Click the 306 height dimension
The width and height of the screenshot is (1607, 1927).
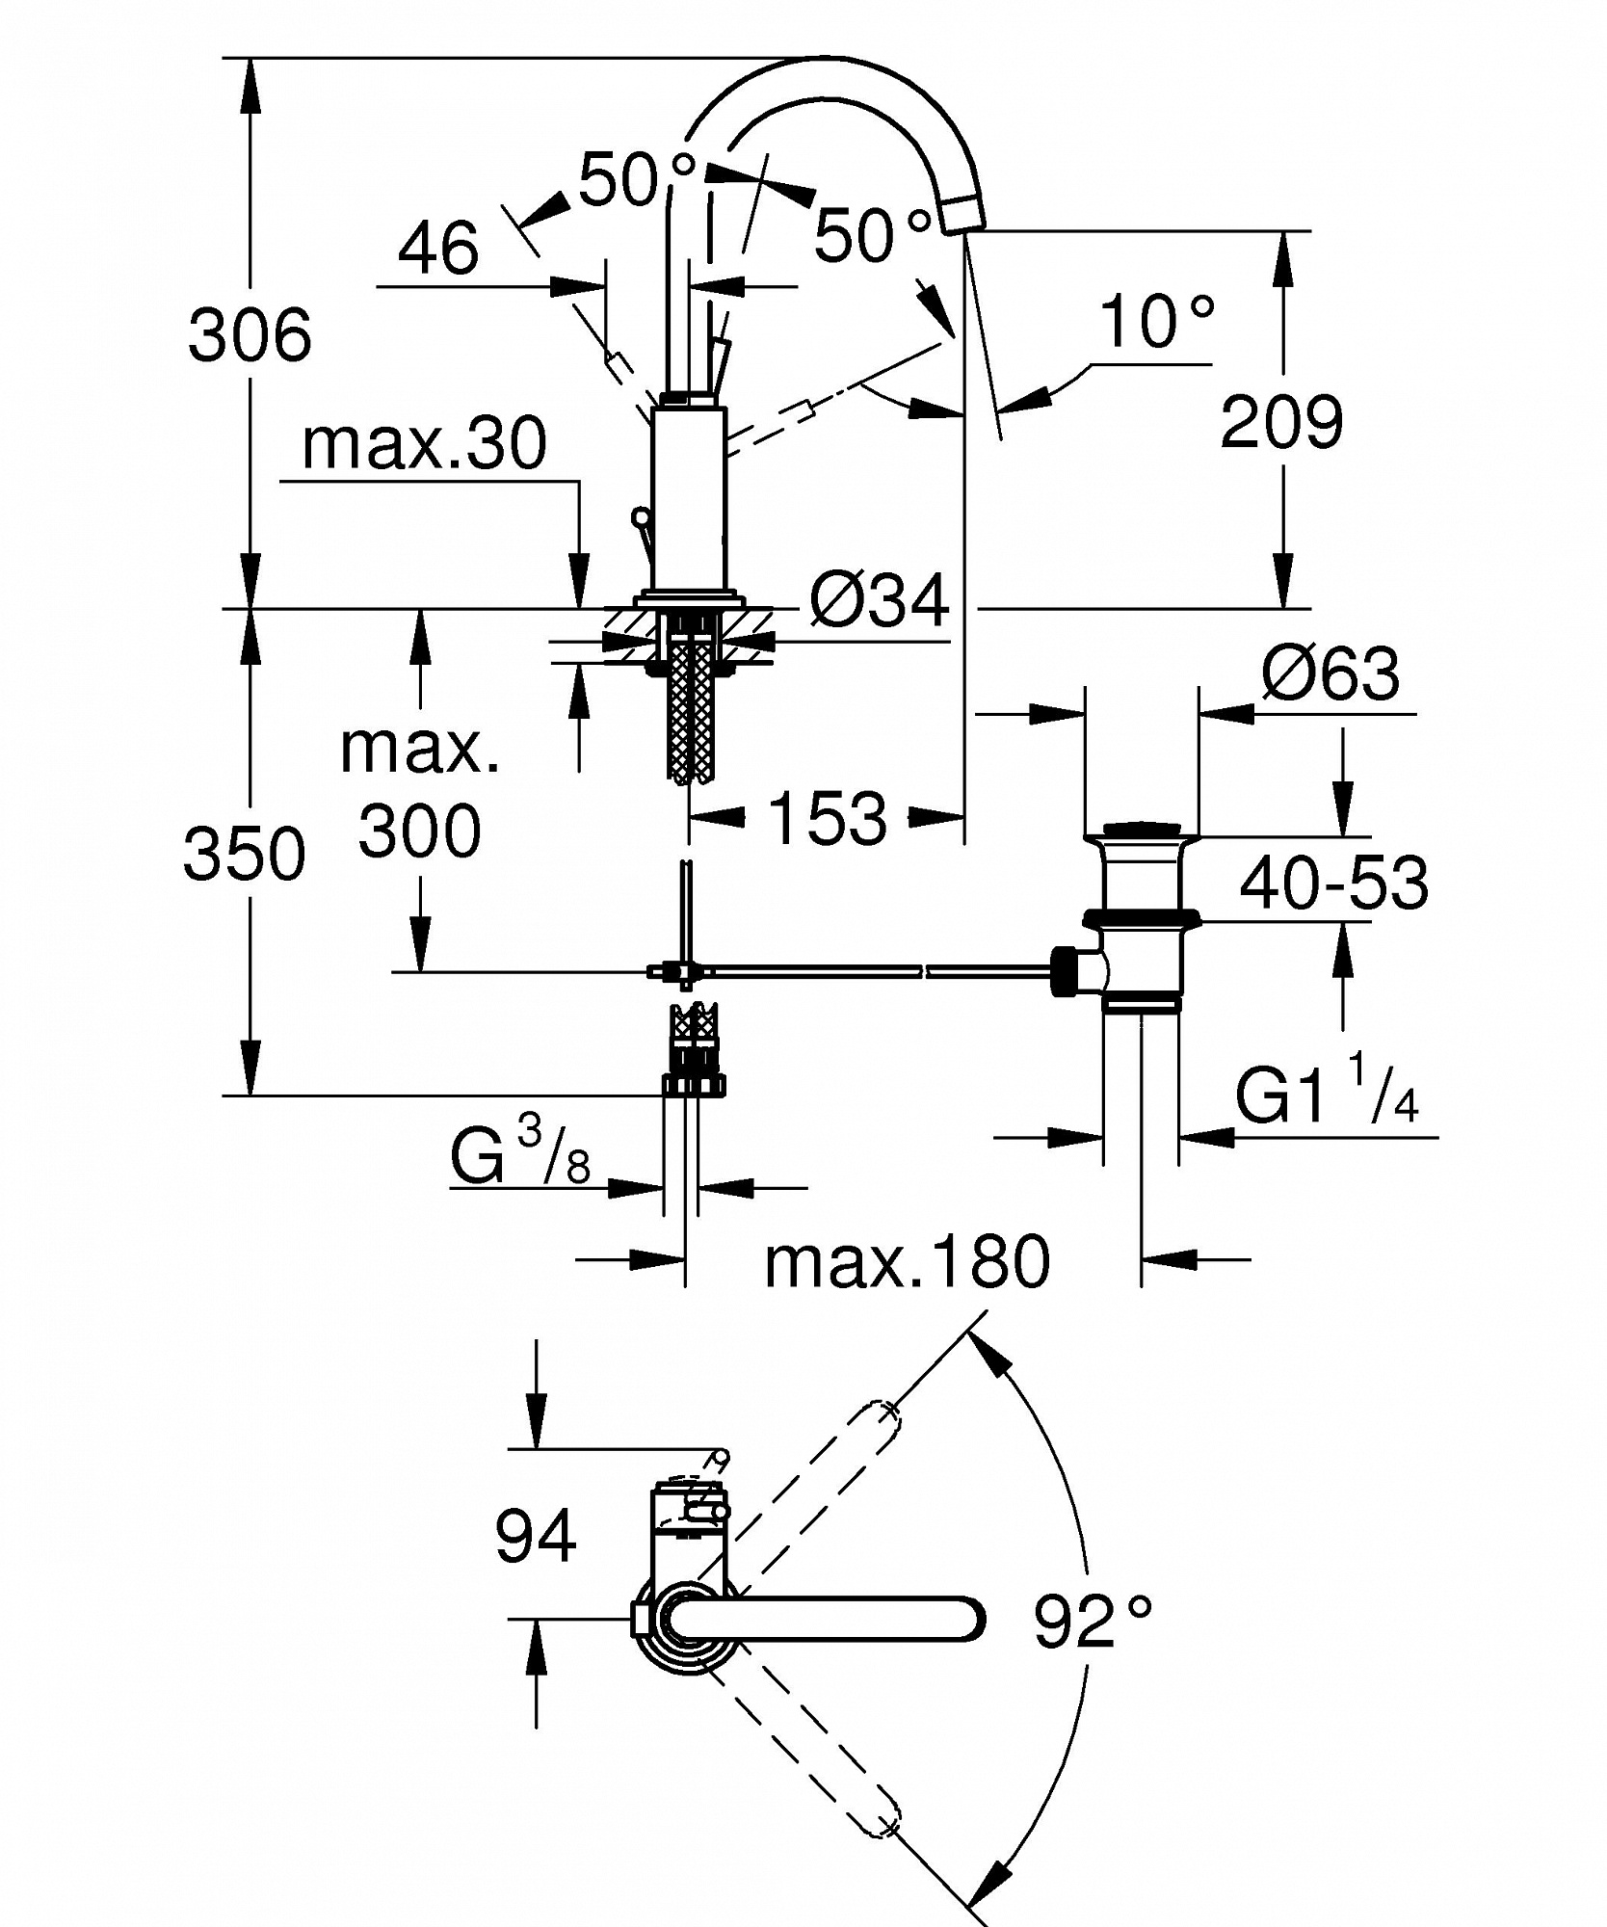[x=250, y=334]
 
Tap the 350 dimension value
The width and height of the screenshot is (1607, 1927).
[x=245, y=854]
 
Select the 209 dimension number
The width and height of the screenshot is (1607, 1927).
[x=1281, y=421]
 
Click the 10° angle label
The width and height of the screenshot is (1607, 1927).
[x=1156, y=321]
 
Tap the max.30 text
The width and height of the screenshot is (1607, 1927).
[x=425, y=443]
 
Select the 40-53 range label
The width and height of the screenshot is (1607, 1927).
[x=1333, y=883]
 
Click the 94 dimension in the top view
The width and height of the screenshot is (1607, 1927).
[x=536, y=1537]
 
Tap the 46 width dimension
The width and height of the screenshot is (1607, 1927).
[x=438, y=246]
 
